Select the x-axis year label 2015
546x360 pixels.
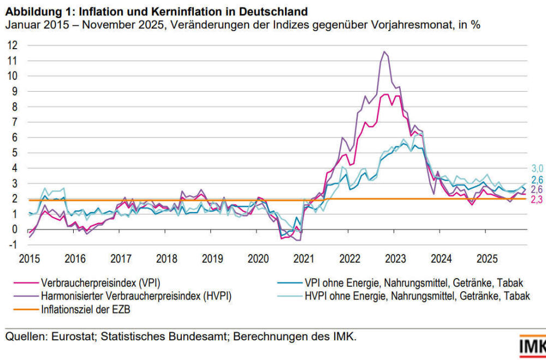click(x=29, y=258)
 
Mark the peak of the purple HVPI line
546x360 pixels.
click(x=385, y=52)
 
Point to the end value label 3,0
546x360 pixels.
click(x=537, y=169)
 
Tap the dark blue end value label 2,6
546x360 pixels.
click(x=537, y=180)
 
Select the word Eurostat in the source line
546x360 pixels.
click(x=72, y=337)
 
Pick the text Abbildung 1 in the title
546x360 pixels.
click(x=34, y=11)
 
